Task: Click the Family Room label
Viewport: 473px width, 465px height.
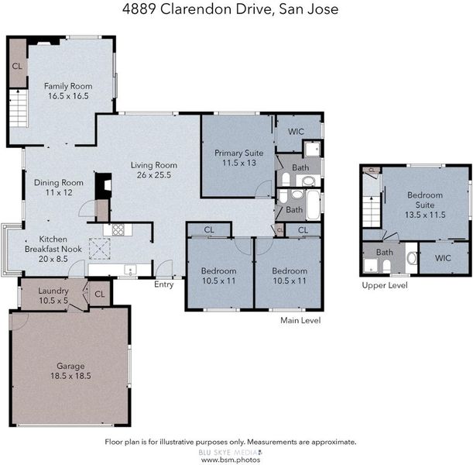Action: coord(68,86)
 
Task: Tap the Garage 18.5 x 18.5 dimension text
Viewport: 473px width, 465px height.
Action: coord(70,376)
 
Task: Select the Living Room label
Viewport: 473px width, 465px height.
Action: coord(154,166)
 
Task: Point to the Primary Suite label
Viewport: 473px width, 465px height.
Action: coord(239,153)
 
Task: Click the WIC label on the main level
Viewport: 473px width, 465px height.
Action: coord(296,132)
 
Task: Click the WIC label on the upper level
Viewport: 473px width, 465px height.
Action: coord(443,258)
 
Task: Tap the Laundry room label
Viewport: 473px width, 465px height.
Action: coord(53,291)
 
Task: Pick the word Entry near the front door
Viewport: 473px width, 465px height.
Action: coord(164,284)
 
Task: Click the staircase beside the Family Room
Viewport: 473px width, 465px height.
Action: coord(19,108)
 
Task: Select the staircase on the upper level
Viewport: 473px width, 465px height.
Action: coord(372,212)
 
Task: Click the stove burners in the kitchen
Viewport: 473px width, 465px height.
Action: coord(118,229)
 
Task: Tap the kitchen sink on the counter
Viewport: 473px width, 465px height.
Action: coord(130,270)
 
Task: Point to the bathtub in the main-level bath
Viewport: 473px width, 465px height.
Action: coord(313,205)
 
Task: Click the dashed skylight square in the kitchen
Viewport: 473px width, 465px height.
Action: coord(99,249)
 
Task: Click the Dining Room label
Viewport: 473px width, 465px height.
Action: coord(59,183)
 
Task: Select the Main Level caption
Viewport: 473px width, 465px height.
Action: coord(300,320)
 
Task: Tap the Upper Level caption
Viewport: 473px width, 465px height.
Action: coord(385,285)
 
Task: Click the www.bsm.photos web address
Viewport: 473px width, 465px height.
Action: coord(231,460)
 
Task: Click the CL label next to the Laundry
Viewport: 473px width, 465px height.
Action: coord(100,294)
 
